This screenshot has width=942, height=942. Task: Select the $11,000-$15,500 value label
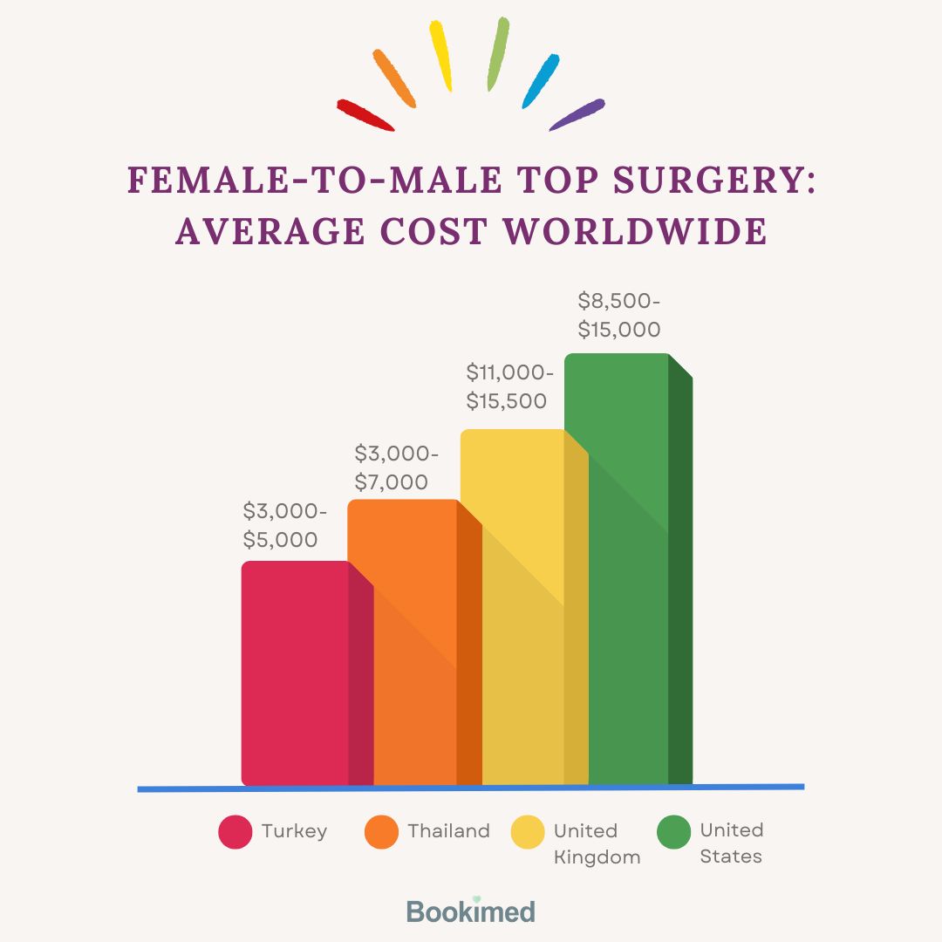pyautogui.click(x=509, y=386)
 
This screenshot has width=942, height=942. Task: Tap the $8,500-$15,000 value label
pyautogui.click(x=619, y=315)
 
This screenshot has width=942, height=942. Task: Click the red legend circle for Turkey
pyautogui.click(x=235, y=831)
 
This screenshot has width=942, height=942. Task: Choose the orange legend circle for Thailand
pyautogui.click(x=381, y=831)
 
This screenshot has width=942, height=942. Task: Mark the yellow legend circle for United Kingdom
pyautogui.click(x=528, y=831)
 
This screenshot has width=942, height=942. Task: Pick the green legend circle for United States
pyautogui.click(x=674, y=831)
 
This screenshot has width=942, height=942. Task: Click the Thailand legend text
pyautogui.click(x=448, y=831)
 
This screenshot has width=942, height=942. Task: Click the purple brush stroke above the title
pyautogui.click(x=577, y=114)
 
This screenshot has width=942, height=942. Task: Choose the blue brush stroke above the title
pyautogui.click(x=540, y=81)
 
